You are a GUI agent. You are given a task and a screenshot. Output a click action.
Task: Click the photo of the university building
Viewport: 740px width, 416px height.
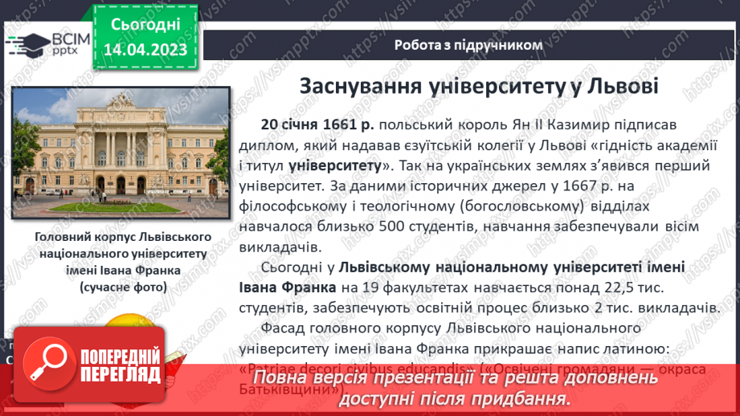117,153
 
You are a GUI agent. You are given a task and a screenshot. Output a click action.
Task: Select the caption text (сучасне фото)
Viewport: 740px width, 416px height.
124,286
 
